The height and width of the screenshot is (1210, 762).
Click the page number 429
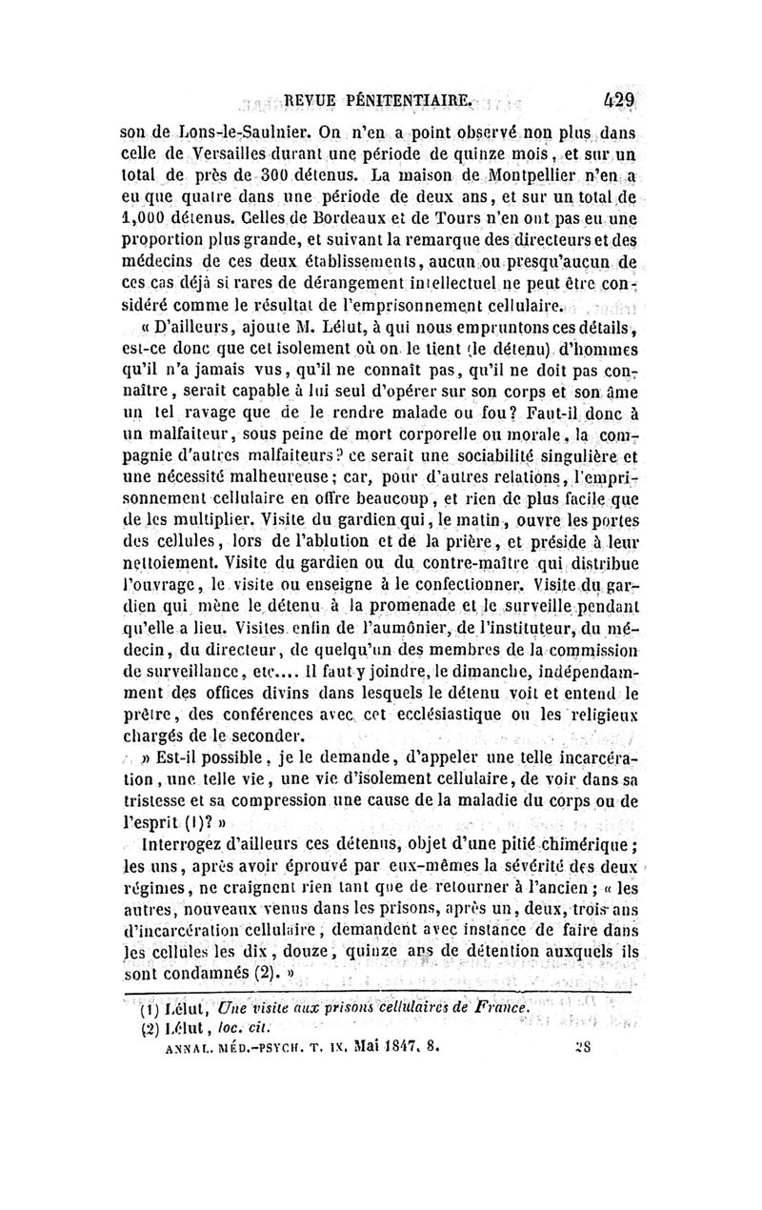coord(617,99)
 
